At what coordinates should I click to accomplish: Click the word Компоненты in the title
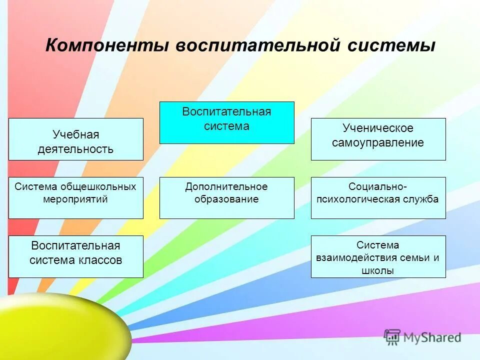(106, 46)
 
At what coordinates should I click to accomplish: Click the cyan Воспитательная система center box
(226, 122)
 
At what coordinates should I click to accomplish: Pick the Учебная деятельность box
(76, 139)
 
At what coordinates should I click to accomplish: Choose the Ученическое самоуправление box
(378, 139)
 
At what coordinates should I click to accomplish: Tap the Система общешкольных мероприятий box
(76, 197)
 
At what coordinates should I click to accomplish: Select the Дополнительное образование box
(226, 197)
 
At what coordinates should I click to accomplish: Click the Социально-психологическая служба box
(378, 197)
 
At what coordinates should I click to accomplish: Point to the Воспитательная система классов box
(76, 256)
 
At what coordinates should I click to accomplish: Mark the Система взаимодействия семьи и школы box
(378, 256)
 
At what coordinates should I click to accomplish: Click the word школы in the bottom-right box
(378, 271)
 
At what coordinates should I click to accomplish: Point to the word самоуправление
(378, 143)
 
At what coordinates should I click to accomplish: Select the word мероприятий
(75, 199)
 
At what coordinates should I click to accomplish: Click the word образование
(226, 199)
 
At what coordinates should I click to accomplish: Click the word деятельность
(75, 149)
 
